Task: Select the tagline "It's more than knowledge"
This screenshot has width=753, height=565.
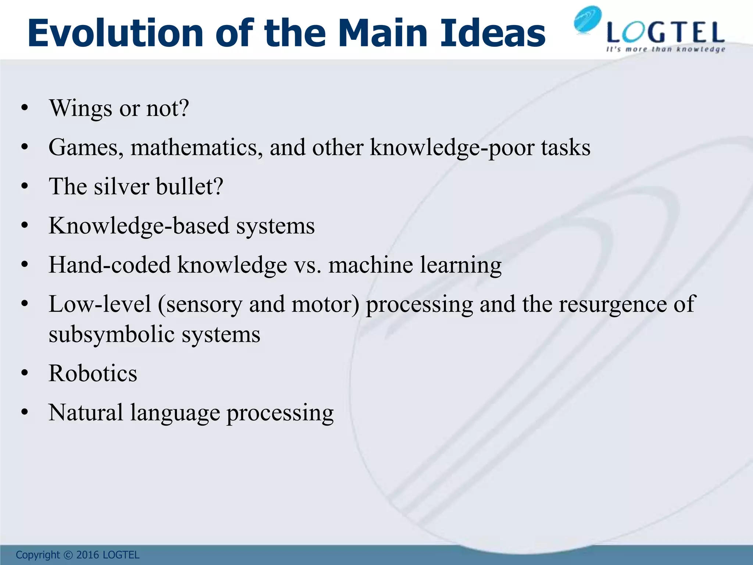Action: [x=665, y=49]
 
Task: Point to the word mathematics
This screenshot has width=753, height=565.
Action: [x=197, y=148]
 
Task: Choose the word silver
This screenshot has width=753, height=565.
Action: [x=122, y=186]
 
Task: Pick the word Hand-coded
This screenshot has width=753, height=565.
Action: [x=110, y=265]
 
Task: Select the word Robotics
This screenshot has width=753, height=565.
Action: [x=93, y=373]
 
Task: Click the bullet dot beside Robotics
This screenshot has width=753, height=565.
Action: [x=25, y=374]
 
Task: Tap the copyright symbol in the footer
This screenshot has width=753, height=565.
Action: [x=68, y=555]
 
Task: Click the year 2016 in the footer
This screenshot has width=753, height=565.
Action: [x=88, y=555]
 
